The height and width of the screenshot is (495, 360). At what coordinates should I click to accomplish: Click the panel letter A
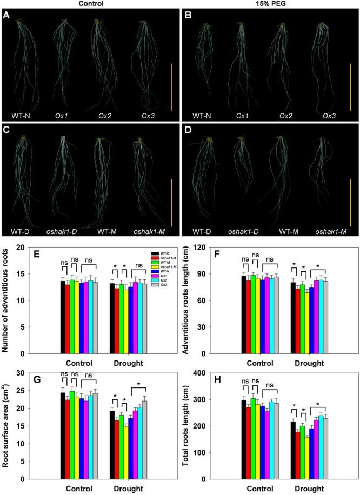pyautogui.click(x=7, y=15)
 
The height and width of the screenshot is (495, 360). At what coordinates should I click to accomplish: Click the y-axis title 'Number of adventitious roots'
pyautogui.click(x=7, y=299)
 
